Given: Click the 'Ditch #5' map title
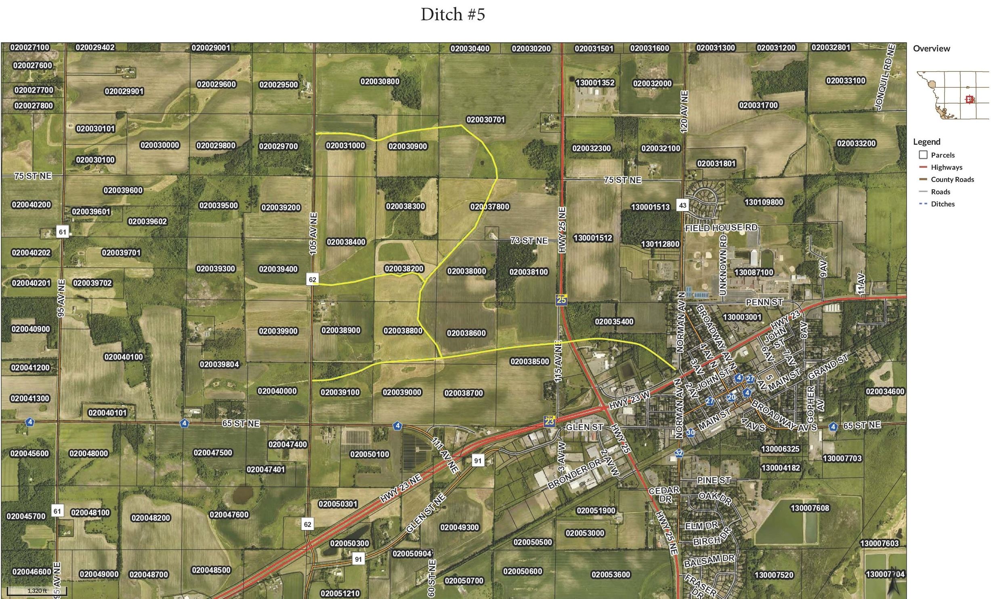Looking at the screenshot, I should [453, 15].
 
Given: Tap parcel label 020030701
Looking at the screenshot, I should [485, 119].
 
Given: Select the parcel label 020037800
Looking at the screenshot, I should [489, 207].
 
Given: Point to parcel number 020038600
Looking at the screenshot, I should [466, 333].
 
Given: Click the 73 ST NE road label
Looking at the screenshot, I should [529, 241].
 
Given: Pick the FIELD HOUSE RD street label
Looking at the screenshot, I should [721, 228].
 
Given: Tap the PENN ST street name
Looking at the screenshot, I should [764, 302].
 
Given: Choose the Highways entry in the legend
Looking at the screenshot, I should [946, 167].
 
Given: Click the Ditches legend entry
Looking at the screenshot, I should [943, 204].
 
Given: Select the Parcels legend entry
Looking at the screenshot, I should [943, 155].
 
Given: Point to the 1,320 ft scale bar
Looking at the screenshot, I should [37, 591].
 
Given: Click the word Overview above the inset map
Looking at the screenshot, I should [931, 48].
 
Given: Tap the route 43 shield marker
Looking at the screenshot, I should [682, 205].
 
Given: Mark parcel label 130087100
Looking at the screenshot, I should [754, 272].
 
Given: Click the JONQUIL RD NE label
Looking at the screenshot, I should [886, 77].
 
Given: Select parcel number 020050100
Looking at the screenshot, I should [370, 454].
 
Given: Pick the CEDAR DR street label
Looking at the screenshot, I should [664, 494].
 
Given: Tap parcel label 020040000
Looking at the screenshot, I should [277, 391].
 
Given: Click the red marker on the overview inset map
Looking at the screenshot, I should [969, 99].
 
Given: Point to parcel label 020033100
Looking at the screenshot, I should [846, 80].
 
